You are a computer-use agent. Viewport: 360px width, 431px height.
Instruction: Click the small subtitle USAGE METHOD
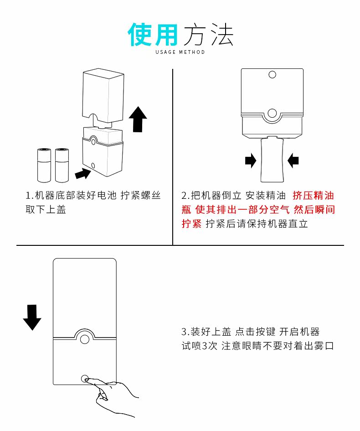coord(180,52)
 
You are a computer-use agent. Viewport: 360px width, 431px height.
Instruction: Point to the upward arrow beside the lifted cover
coord(138,119)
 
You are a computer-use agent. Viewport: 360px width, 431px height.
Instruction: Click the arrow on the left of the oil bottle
coord(251,161)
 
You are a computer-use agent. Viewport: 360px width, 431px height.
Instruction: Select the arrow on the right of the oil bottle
coord(293,160)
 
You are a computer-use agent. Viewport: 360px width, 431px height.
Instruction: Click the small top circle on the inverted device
coord(273,74)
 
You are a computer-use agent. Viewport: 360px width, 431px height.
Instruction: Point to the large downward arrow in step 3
coord(32,317)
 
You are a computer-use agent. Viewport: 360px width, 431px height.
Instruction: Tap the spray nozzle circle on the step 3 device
coord(84,338)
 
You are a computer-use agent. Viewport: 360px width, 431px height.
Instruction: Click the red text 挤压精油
coord(314,196)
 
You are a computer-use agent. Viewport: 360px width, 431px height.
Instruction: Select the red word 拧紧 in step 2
coord(191,224)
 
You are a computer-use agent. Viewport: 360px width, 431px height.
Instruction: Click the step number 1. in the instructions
coord(30,196)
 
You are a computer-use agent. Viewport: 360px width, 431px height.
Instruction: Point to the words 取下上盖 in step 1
coord(46,210)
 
